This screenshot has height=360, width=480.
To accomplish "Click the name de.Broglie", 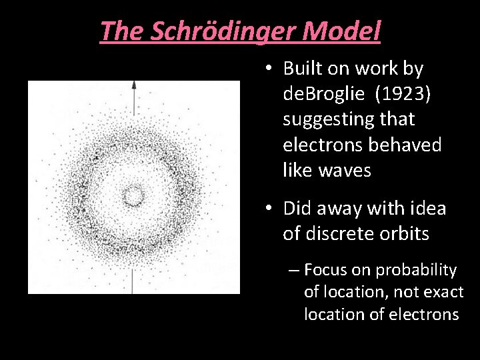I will (323, 94).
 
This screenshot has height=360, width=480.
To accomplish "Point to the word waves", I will (344, 171).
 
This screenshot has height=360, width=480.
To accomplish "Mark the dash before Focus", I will (294, 271).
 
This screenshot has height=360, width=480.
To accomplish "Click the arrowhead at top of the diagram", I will (134, 85).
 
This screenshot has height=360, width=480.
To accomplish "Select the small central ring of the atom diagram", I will (134, 195).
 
